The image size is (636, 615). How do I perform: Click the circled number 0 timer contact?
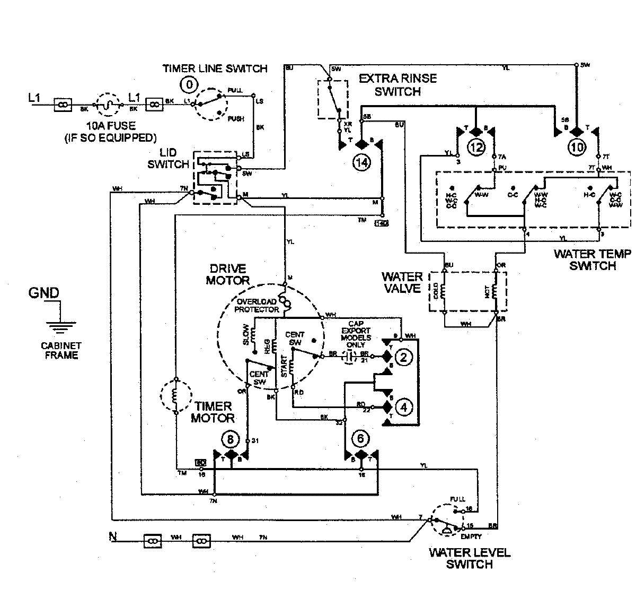pos(190,83)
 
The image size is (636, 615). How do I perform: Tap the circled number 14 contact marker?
pos(361,163)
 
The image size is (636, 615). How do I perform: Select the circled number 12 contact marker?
pos(476,147)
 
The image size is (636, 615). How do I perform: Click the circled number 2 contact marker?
pos(403,357)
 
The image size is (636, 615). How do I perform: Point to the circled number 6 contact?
pos(361,439)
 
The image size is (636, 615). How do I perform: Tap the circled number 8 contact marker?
pos(230,439)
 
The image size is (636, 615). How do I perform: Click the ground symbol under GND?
pos(61,323)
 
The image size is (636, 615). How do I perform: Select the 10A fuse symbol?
pos(108,105)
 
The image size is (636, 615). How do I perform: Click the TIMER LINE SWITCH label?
pos(215,68)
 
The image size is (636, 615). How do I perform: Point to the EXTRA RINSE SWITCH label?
pos(397,85)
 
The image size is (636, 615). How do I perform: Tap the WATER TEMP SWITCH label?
pos(592,260)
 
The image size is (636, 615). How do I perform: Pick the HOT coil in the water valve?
pos(495,292)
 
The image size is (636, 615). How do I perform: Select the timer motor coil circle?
pos(174,396)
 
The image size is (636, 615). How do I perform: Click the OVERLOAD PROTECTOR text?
pos(258,305)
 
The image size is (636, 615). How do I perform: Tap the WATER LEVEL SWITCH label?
pos(469,558)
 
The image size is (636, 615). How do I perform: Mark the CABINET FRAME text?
pos(61,351)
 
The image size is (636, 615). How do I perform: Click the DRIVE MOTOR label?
pos(227,274)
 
